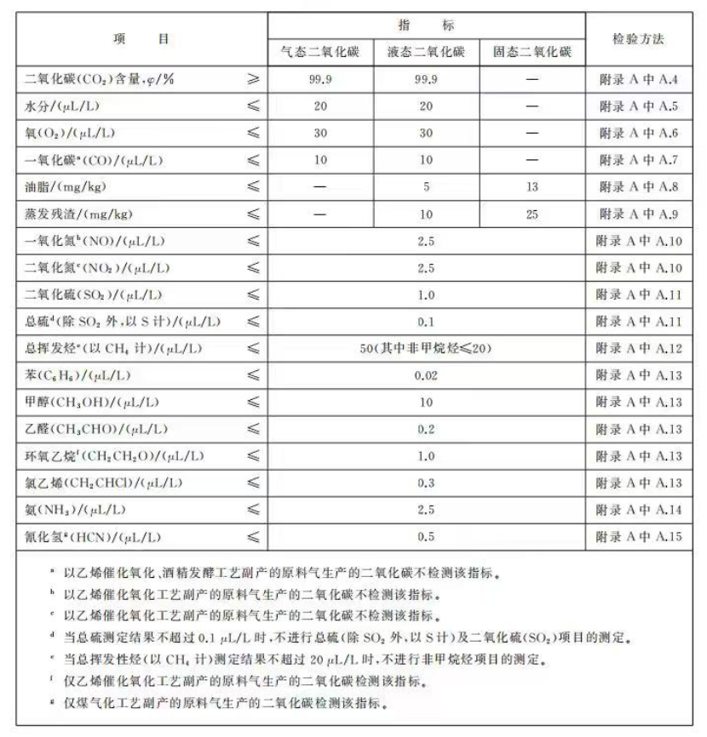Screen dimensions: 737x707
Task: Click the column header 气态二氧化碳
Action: click(320, 52)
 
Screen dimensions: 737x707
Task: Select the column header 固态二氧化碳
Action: click(532, 52)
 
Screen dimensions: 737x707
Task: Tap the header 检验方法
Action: click(638, 39)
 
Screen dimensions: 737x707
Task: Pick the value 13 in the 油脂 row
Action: click(532, 187)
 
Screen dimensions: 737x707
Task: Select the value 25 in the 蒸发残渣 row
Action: click(532, 214)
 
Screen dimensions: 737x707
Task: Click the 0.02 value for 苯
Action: click(426, 375)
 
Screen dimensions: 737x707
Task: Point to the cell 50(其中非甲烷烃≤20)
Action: click(426, 348)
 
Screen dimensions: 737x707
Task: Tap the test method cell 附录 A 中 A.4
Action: click(638, 79)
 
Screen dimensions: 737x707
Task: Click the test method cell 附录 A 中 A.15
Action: click(638, 537)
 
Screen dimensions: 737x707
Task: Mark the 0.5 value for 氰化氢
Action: click(426, 537)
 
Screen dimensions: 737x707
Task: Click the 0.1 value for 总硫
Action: click(426, 322)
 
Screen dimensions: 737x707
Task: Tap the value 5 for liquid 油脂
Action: click(426, 187)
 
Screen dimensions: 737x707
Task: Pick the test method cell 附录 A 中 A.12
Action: click(638, 348)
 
